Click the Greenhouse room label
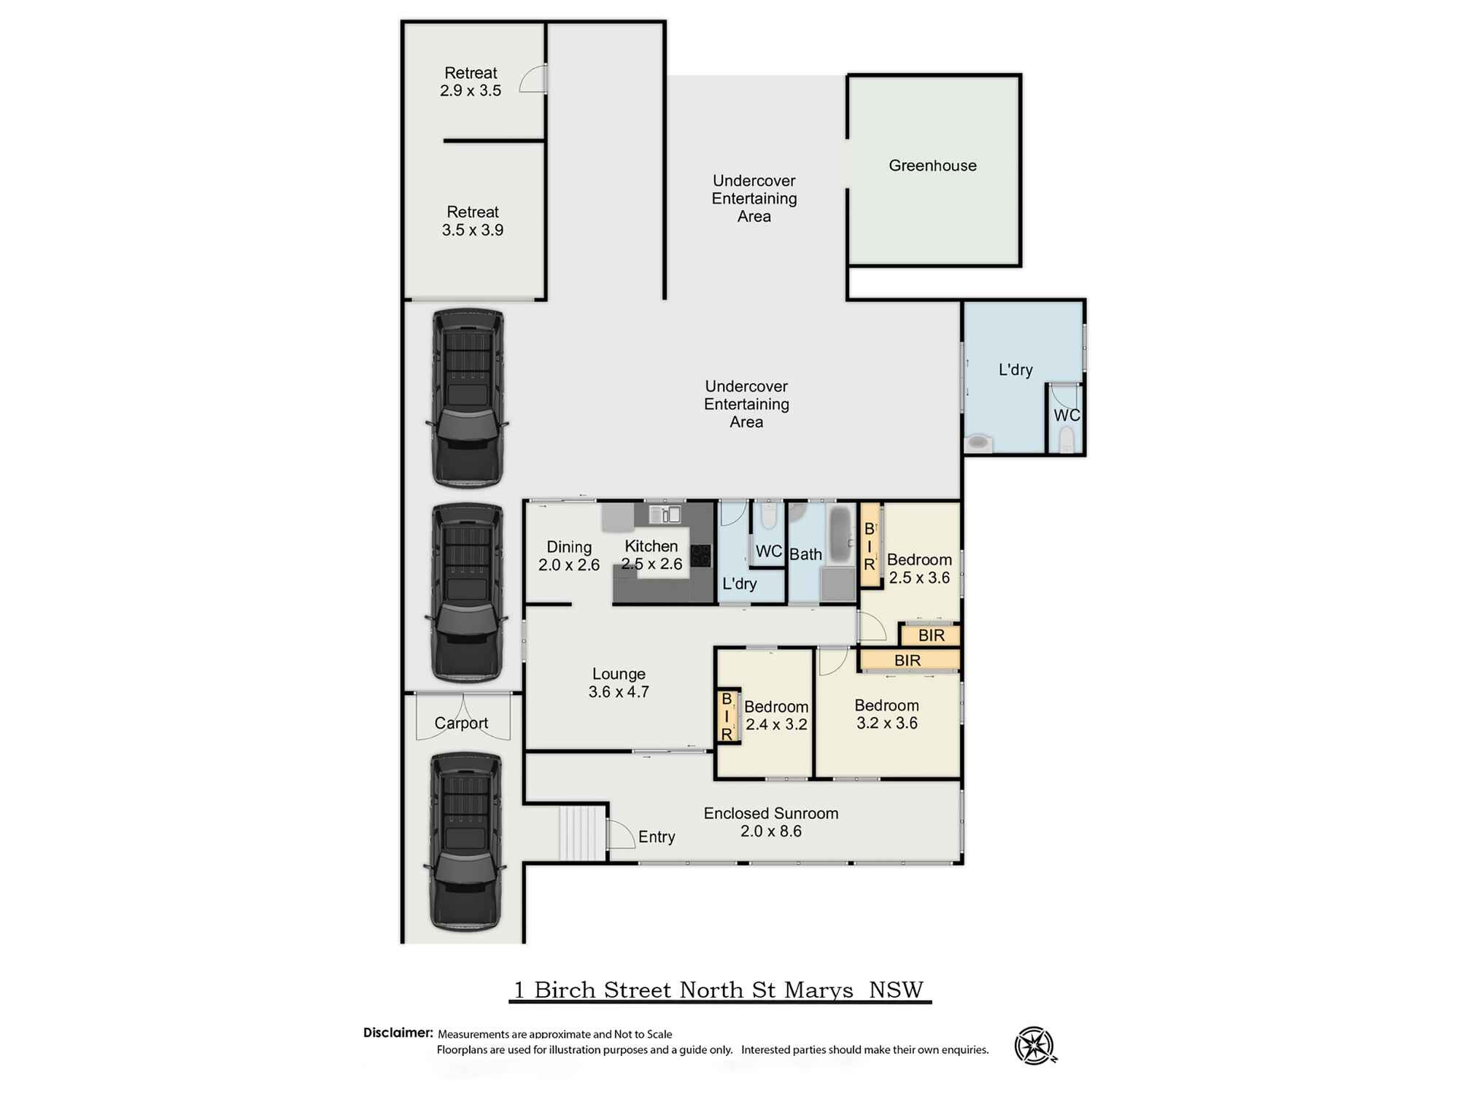click(932, 166)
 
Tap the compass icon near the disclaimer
click(1035, 1046)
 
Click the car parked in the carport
click(466, 842)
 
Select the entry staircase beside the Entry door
click(583, 833)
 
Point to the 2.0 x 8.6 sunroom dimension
click(771, 831)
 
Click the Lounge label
click(619, 674)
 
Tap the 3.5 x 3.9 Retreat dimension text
click(473, 230)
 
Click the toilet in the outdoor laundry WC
click(1067, 440)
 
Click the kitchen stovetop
click(701, 556)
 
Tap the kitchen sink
click(665, 515)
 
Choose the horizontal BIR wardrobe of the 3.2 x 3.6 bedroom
click(908, 660)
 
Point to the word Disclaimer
click(398, 1033)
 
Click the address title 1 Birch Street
click(719, 990)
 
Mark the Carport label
click(461, 723)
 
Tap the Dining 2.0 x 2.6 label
click(569, 556)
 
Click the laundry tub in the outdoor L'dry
click(979, 442)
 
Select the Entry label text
click(657, 837)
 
